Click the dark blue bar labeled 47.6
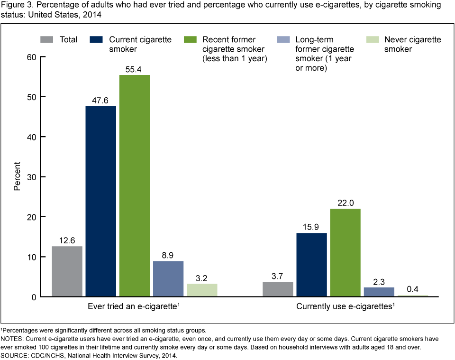(x=101, y=201)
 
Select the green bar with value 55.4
(x=135, y=185)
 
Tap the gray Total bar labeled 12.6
(x=67, y=271)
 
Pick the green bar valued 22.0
(x=345, y=252)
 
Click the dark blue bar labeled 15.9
(x=311, y=265)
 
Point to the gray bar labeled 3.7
(x=278, y=289)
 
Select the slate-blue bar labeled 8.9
(x=168, y=278)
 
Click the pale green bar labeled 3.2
(x=202, y=290)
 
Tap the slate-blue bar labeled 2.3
(x=379, y=292)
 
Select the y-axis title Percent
(x=17, y=176)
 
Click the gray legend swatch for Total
(x=47, y=39)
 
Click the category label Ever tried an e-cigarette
(x=133, y=307)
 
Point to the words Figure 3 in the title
(x=15, y=5)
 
